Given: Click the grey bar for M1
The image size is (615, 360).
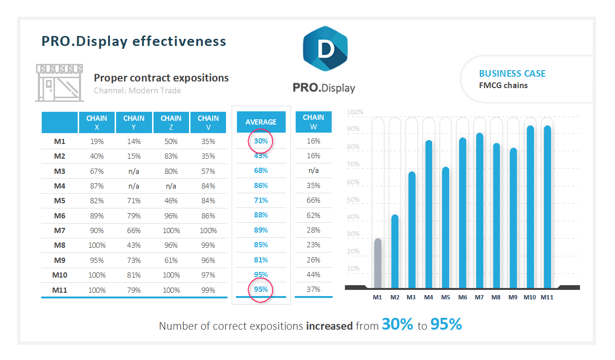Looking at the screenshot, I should (x=378, y=263).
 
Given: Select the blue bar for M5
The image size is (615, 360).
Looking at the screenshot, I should (x=445, y=227).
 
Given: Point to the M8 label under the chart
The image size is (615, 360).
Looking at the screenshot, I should (x=496, y=297).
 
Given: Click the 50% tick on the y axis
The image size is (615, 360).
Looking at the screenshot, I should (x=353, y=200).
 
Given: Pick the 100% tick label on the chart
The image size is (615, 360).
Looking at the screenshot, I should (x=355, y=112).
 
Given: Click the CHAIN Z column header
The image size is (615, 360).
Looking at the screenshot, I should (x=171, y=122).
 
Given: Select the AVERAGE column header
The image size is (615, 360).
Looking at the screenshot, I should (x=261, y=122).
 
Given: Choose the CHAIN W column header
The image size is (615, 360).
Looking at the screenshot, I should (x=313, y=122).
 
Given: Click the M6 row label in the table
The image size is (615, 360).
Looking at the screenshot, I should (x=59, y=216).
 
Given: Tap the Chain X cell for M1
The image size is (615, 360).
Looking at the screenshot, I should (x=97, y=141).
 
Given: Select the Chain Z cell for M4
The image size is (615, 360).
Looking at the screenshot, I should (x=171, y=186).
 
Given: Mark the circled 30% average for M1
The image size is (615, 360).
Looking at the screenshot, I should (x=261, y=141).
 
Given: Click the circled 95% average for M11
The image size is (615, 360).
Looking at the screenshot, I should (x=261, y=289).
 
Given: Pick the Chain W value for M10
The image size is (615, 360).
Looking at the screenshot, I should (x=313, y=275).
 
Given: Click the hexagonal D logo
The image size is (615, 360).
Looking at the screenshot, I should (x=325, y=49).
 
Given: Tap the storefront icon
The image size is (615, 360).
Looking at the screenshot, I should (x=60, y=83).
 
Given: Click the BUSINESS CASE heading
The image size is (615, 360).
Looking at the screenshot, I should (x=512, y=73).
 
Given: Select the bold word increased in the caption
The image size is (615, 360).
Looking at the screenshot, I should (x=329, y=326).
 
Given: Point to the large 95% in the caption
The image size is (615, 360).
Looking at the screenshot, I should (x=446, y=324).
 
